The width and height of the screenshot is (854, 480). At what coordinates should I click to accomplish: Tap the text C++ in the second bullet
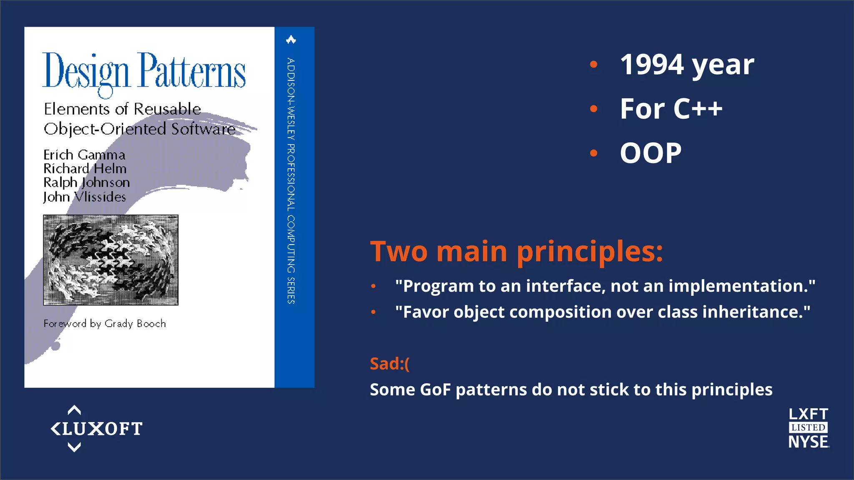pyautogui.click(x=698, y=109)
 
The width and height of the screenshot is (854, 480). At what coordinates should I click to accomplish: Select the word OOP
pyautogui.click(x=651, y=153)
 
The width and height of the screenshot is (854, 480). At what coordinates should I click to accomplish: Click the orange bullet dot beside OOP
pyautogui.click(x=594, y=153)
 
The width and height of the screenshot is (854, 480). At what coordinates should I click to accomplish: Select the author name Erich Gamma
pyautogui.click(x=84, y=155)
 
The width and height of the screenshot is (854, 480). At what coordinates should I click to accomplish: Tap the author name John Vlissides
pyautogui.click(x=85, y=197)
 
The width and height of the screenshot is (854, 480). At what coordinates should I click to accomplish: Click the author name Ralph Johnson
pyautogui.click(x=87, y=182)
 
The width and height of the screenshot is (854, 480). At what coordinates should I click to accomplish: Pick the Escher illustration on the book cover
pyautogui.click(x=111, y=260)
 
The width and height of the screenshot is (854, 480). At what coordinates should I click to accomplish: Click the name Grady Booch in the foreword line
pyautogui.click(x=135, y=324)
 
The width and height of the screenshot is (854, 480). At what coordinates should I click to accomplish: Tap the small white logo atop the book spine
pyautogui.click(x=291, y=40)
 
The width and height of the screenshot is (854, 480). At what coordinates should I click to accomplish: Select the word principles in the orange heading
pyautogui.click(x=590, y=252)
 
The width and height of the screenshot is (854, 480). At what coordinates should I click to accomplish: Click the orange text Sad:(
pyautogui.click(x=389, y=364)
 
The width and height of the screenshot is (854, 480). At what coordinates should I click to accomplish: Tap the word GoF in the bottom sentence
pyautogui.click(x=435, y=390)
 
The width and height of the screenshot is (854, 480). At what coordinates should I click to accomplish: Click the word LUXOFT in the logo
pyautogui.click(x=102, y=429)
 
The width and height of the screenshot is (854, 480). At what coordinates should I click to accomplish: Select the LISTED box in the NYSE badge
pyautogui.click(x=808, y=427)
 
